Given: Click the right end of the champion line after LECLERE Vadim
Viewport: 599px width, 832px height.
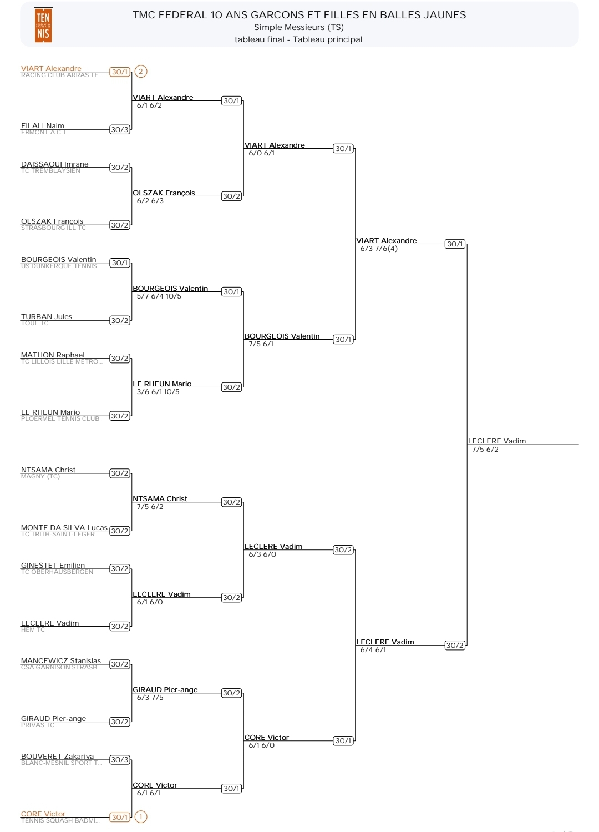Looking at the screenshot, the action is (x=578, y=444).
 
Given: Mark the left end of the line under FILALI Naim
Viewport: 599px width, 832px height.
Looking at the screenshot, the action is (x=21, y=130).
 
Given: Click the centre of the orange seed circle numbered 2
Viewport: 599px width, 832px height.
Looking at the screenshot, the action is (x=141, y=71).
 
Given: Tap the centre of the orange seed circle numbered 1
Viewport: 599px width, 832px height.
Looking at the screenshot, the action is (x=141, y=817).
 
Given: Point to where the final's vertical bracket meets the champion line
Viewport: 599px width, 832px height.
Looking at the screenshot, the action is (x=467, y=444).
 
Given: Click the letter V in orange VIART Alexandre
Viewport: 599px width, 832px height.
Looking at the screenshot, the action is (x=23, y=69).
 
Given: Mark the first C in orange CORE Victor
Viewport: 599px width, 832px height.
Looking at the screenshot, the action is (x=23, y=814).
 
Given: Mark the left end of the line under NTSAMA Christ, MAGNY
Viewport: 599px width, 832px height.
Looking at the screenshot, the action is (x=21, y=473).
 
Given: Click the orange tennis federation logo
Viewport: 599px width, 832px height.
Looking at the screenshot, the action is (x=43, y=26).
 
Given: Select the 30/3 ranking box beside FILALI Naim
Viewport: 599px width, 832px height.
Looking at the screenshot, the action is (x=120, y=130).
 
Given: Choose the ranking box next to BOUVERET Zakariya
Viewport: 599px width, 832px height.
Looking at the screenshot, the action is (x=120, y=760).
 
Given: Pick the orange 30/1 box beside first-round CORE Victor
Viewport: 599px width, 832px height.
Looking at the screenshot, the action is (x=120, y=817).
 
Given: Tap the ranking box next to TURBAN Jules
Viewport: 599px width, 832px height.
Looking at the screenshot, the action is (x=120, y=321).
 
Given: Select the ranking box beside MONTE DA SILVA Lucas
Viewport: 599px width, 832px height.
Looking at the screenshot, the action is (x=120, y=531).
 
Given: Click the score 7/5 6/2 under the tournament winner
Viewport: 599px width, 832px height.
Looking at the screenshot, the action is (x=485, y=450).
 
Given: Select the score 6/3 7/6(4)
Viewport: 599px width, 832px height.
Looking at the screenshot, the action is (x=379, y=249).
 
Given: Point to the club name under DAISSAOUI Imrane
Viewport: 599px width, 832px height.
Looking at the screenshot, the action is (x=50, y=170).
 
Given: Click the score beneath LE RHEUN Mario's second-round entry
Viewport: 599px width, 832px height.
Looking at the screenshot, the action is (x=158, y=391).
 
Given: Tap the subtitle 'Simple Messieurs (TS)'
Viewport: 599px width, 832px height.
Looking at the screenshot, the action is (x=299, y=27).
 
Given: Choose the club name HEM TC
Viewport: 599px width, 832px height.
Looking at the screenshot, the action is (x=33, y=629).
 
